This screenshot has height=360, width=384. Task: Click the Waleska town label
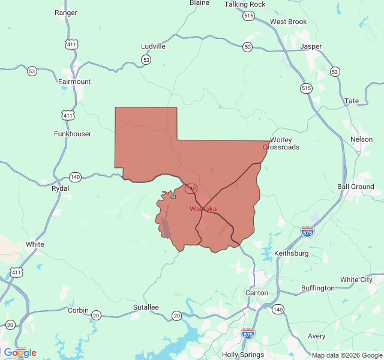pyautogui.click(x=203, y=209)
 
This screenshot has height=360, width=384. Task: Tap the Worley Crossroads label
pyautogui.click(x=281, y=143)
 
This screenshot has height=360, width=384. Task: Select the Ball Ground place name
pyautogui.click(x=355, y=187)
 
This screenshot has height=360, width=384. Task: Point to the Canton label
pyautogui.click(x=257, y=293)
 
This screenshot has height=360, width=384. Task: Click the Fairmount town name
pyautogui.click(x=74, y=82)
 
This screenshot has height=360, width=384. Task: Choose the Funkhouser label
pyautogui.click(x=73, y=134)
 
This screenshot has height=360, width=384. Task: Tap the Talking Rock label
pyautogui.click(x=245, y=4)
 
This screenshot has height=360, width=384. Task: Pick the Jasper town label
pyautogui.click(x=311, y=46)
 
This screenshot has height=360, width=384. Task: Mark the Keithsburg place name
pyautogui.click(x=291, y=254)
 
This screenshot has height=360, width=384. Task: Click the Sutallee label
pyautogui.click(x=146, y=307)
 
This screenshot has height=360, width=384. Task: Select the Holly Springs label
pyautogui.click(x=243, y=355)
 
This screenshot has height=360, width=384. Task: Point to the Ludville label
pyautogui.click(x=153, y=46)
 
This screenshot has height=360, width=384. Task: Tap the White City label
pyautogui.click(x=356, y=280)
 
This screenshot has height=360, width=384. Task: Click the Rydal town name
pyautogui.click(x=61, y=188)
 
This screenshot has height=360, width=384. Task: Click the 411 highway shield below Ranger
pyautogui.click(x=72, y=44)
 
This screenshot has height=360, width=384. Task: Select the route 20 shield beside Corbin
pyautogui.click(x=96, y=314)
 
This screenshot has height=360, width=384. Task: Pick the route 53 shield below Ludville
pyautogui.click(x=146, y=59)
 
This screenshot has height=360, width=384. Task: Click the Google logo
pyautogui.click(x=20, y=353)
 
